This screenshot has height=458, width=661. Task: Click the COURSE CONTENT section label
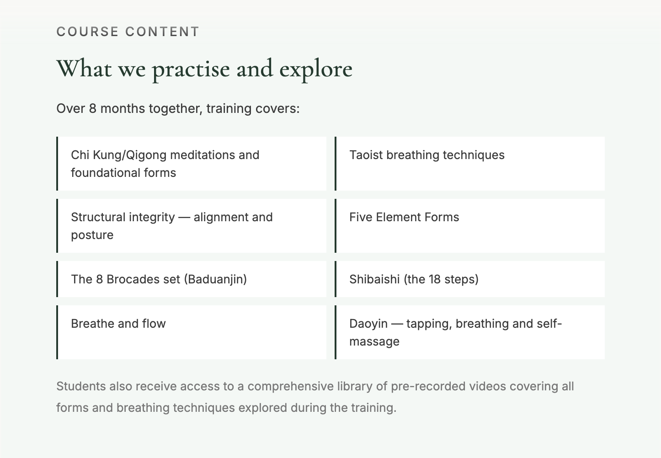tap(128, 32)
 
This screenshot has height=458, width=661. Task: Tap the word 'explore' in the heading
tap(316, 70)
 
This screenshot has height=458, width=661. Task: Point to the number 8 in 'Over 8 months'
tap(93, 109)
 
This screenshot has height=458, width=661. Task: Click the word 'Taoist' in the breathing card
tap(366, 155)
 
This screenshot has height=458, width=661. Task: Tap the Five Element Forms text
tap(404, 217)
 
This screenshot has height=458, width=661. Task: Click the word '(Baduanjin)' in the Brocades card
tap(215, 279)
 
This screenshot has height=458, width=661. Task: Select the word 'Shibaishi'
tap(374, 279)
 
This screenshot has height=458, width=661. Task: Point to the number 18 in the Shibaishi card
tap(435, 279)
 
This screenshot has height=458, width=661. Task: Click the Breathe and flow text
tap(118, 324)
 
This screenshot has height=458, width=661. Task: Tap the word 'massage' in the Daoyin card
tap(374, 342)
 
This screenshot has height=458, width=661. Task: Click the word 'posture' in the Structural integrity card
tap(92, 235)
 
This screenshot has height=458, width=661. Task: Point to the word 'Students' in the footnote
tap(81, 386)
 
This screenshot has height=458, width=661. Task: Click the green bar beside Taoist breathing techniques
tap(336, 164)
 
